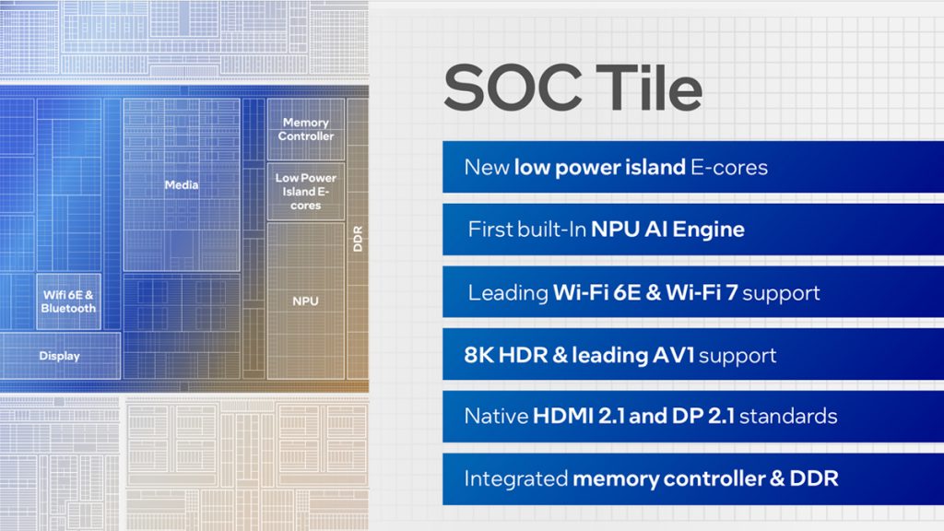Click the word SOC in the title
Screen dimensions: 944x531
(513, 88)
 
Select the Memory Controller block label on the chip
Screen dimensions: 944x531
(306, 129)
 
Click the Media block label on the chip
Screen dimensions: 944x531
(182, 184)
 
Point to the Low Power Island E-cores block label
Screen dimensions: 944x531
(306, 192)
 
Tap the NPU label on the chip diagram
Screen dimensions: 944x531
(305, 301)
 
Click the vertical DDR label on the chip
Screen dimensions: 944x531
(358, 239)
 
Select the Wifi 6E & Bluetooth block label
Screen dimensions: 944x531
(68, 301)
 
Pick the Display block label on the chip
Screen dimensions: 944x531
(59, 356)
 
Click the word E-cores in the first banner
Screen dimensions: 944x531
(729, 168)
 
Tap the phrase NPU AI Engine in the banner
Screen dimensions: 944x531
(667, 230)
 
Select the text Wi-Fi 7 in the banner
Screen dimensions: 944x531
(702, 292)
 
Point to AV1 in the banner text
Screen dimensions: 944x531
(674, 355)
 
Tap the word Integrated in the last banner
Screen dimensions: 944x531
(516, 478)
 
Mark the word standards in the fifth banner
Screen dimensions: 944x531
(788, 416)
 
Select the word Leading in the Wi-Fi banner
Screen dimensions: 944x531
(508, 293)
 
